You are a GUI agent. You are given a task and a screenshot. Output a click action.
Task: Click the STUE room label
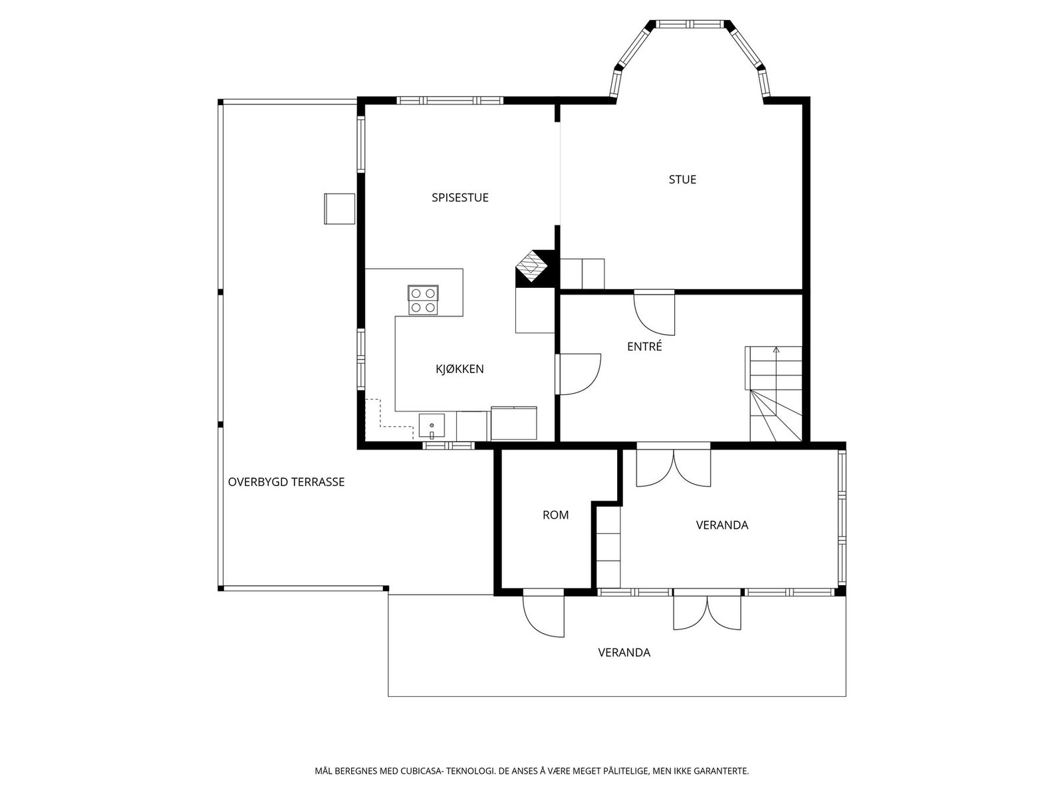(x=682, y=180)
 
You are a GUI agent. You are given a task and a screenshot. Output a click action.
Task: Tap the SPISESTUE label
(x=460, y=198)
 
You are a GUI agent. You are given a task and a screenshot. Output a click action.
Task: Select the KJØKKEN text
(x=460, y=368)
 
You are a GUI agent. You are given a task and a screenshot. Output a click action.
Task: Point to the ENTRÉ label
(x=644, y=346)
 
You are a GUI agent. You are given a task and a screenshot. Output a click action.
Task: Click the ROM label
(x=555, y=515)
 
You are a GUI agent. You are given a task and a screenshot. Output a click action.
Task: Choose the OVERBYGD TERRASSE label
(x=286, y=481)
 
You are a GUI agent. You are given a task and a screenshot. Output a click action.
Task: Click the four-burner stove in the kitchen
(x=423, y=300)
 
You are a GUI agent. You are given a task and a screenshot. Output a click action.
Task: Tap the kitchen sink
(x=432, y=426)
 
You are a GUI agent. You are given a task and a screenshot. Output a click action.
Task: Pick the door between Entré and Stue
(x=654, y=313)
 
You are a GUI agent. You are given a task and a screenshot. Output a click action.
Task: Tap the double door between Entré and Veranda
(x=673, y=464)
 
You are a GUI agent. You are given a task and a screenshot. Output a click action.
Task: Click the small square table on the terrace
(x=339, y=208)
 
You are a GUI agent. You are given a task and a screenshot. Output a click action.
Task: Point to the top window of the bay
(x=690, y=24)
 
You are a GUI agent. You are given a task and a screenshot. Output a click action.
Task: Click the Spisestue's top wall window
(x=450, y=101)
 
